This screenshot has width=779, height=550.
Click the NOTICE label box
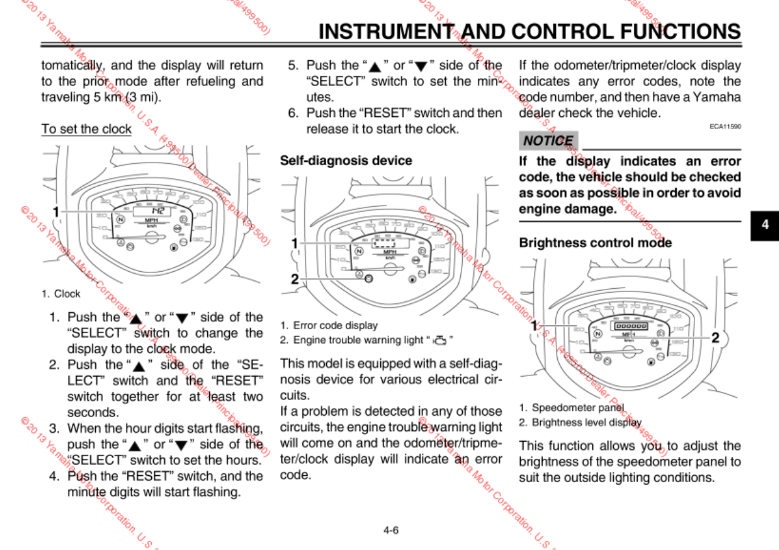(548, 140)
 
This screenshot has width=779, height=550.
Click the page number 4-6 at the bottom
(390, 530)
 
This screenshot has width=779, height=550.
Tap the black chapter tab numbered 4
(765, 224)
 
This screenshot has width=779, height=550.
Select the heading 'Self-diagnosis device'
(346, 161)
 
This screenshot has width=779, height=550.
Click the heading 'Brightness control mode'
(595, 243)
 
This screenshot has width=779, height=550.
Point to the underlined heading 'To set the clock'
(86, 129)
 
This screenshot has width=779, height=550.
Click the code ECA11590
(725, 125)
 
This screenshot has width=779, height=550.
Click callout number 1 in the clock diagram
(56, 212)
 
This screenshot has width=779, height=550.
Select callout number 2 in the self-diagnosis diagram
(294, 278)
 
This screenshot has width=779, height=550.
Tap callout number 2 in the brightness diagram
(714, 338)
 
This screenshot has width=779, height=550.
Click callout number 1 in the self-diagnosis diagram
(294, 243)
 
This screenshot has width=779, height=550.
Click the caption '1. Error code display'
(329, 325)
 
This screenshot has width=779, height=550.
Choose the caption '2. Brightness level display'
(580, 422)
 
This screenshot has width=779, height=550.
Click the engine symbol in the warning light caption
(439, 340)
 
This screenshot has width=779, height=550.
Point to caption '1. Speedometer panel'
(571, 407)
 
